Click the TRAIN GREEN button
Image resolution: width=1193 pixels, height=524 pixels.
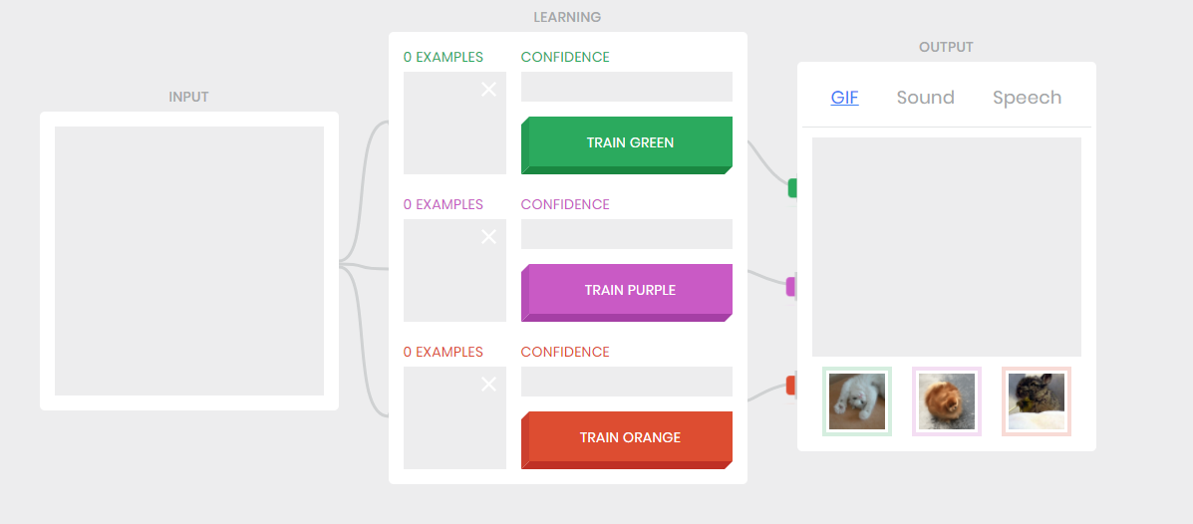point(628,142)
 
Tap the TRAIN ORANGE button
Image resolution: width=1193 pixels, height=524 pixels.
point(628,437)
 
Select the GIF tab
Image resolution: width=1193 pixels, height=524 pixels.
point(844,98)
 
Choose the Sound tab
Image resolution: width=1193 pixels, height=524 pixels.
point(925,98)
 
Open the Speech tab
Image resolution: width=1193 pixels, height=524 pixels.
point(1027,98)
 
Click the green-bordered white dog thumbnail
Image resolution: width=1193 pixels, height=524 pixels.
point(857,401)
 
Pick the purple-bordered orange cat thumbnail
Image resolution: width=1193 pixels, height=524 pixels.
point(947,401)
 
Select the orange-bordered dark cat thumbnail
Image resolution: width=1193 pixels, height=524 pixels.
point(1037,401)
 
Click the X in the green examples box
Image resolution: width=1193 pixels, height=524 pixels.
point(488,90)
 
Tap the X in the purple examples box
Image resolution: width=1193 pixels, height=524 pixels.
point(488,237)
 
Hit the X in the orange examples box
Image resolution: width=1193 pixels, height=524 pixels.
point(488,385)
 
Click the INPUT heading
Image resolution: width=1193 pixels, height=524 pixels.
point(188,97)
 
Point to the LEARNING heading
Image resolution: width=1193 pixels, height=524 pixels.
point(567,17)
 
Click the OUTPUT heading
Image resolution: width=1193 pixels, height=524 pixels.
point(946,47)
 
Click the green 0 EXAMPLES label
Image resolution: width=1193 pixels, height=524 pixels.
point(443,57)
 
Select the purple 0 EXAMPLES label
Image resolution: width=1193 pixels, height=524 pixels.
point(443,204)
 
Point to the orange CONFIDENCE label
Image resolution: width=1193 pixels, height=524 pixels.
point(564,352)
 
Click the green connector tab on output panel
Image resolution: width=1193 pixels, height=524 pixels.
point(792,187)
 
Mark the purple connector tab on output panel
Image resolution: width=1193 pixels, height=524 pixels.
point(791,287)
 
